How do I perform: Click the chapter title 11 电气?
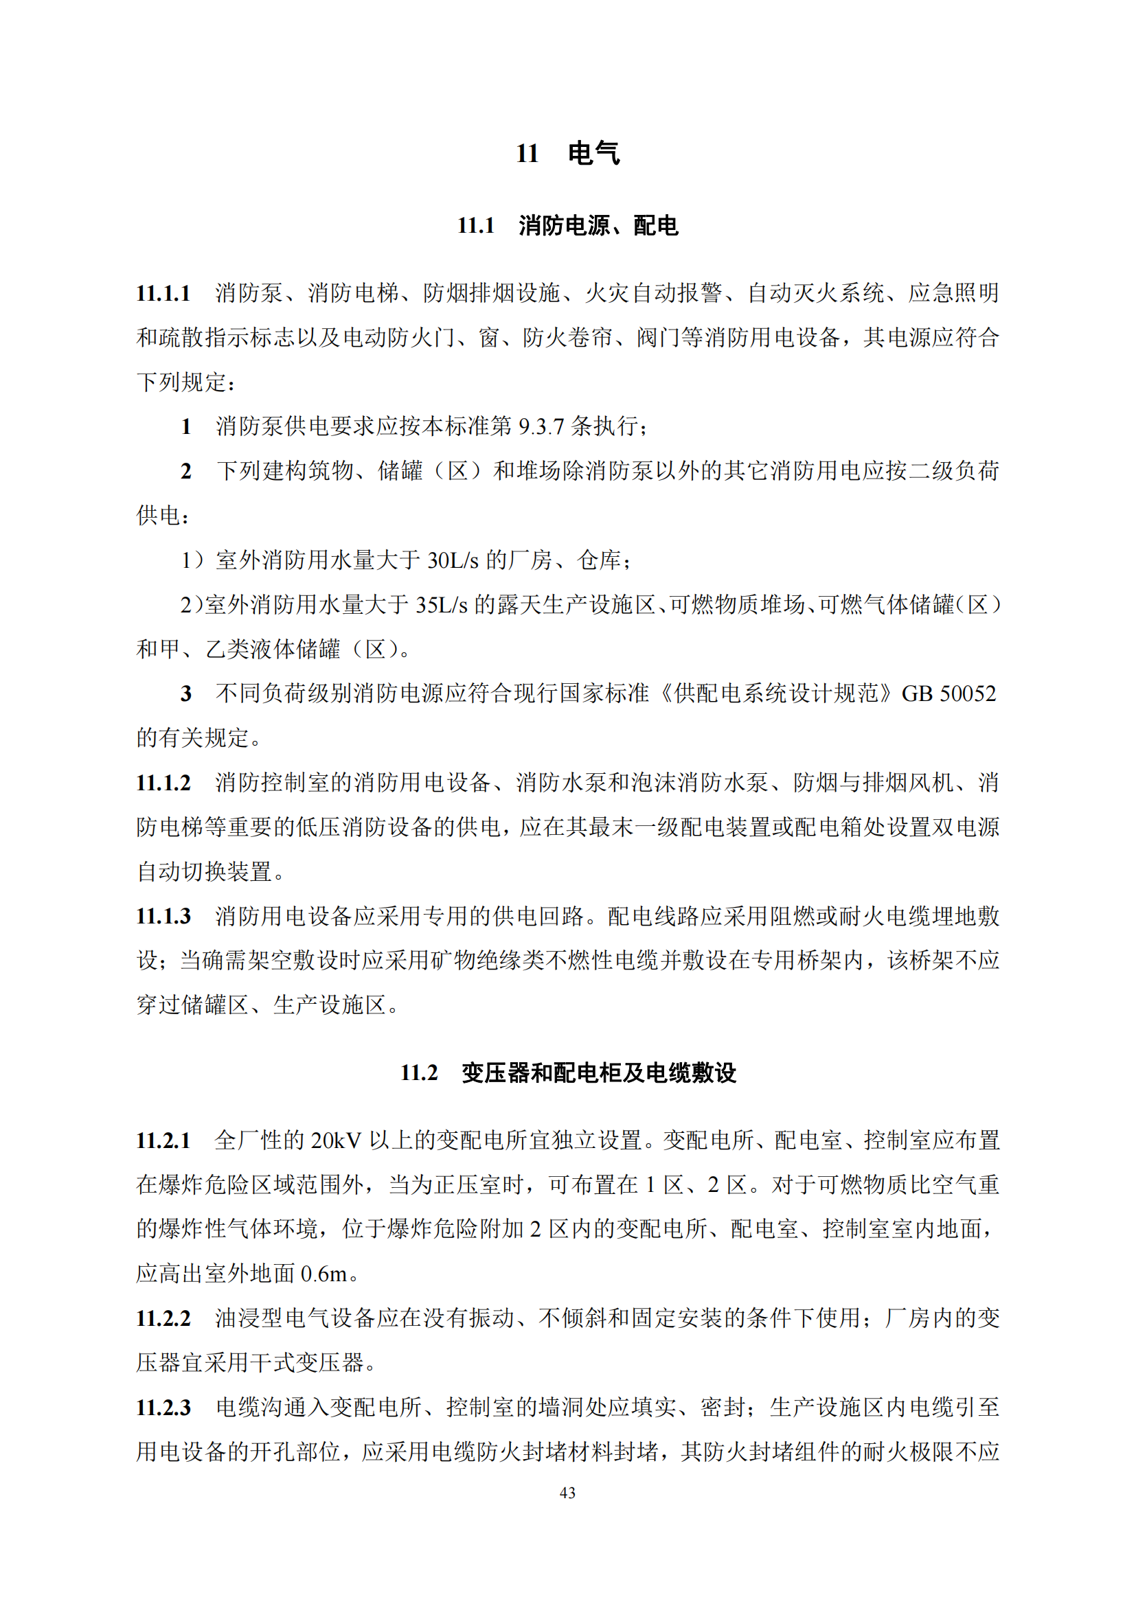[x=567, y=153]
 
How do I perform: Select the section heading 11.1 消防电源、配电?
[x=567, y=225]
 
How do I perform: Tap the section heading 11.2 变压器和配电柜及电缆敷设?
[x=567, y=1072]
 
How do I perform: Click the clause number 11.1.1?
[x=163, y=293]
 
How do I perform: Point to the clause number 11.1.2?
[x=163, y=783]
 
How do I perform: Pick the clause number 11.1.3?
[x=163, y=917]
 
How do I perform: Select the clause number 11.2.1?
[x=163, y=1140]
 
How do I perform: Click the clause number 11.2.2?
[x=163, y=1318]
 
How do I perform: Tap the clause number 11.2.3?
[x=163, y=1408]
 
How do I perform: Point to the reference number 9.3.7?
[x=541, y=426]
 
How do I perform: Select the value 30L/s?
[x=453, y=560]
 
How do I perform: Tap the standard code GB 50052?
[x=948, y=693]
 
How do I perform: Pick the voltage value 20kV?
[x=336, y=1140]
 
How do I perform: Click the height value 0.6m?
[x=324, y=1274]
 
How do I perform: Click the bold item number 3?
[x=186, y=693]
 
